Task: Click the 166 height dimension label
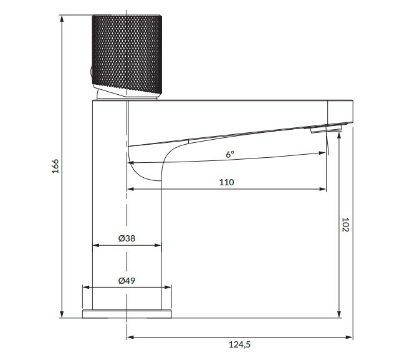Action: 55,166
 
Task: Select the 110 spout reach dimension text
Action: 226,182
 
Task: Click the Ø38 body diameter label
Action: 127,238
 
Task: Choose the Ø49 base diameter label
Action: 127,281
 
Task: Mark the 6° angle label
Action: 231,154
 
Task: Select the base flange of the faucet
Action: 127,312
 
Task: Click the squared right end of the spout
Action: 340,112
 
